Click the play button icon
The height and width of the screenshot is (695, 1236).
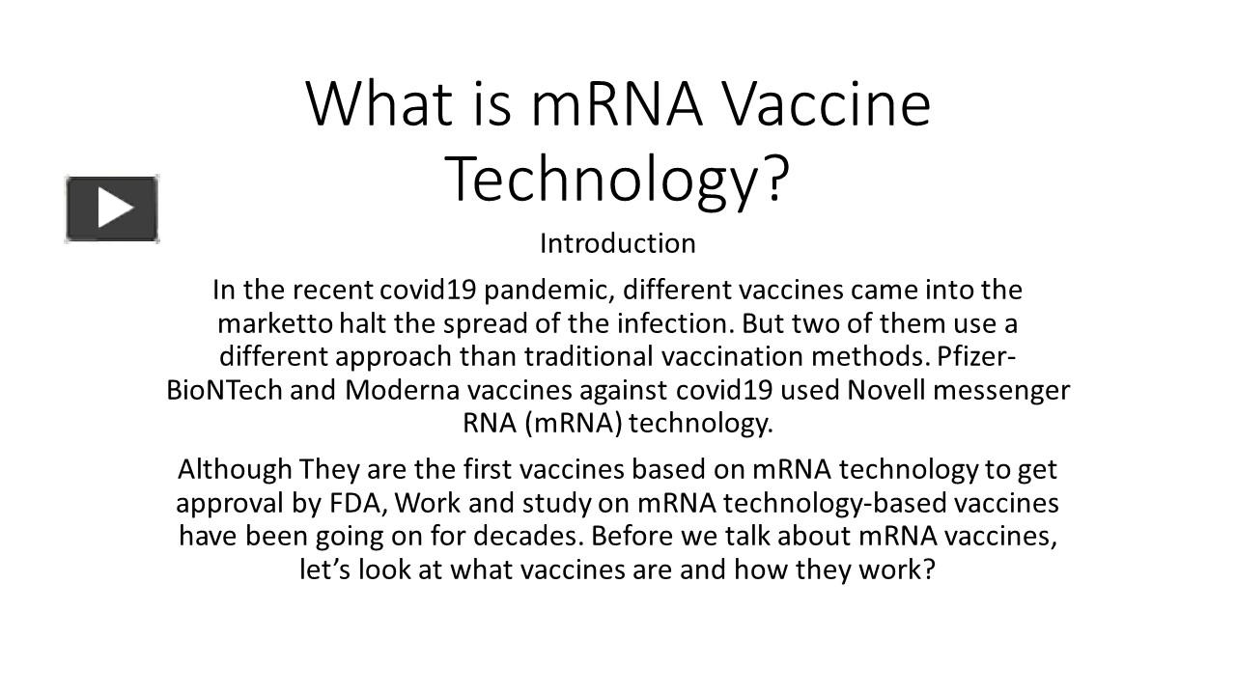coord(112,208)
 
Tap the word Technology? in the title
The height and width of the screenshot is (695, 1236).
coord(617,179)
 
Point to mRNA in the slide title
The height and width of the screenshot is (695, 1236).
coord(616,103)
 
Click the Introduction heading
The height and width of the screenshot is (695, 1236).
coord(617,243)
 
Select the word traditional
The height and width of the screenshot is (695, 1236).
coord(589,356)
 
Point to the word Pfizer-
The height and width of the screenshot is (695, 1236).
coord(976,356)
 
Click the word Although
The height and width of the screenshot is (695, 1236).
coord(235,470)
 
